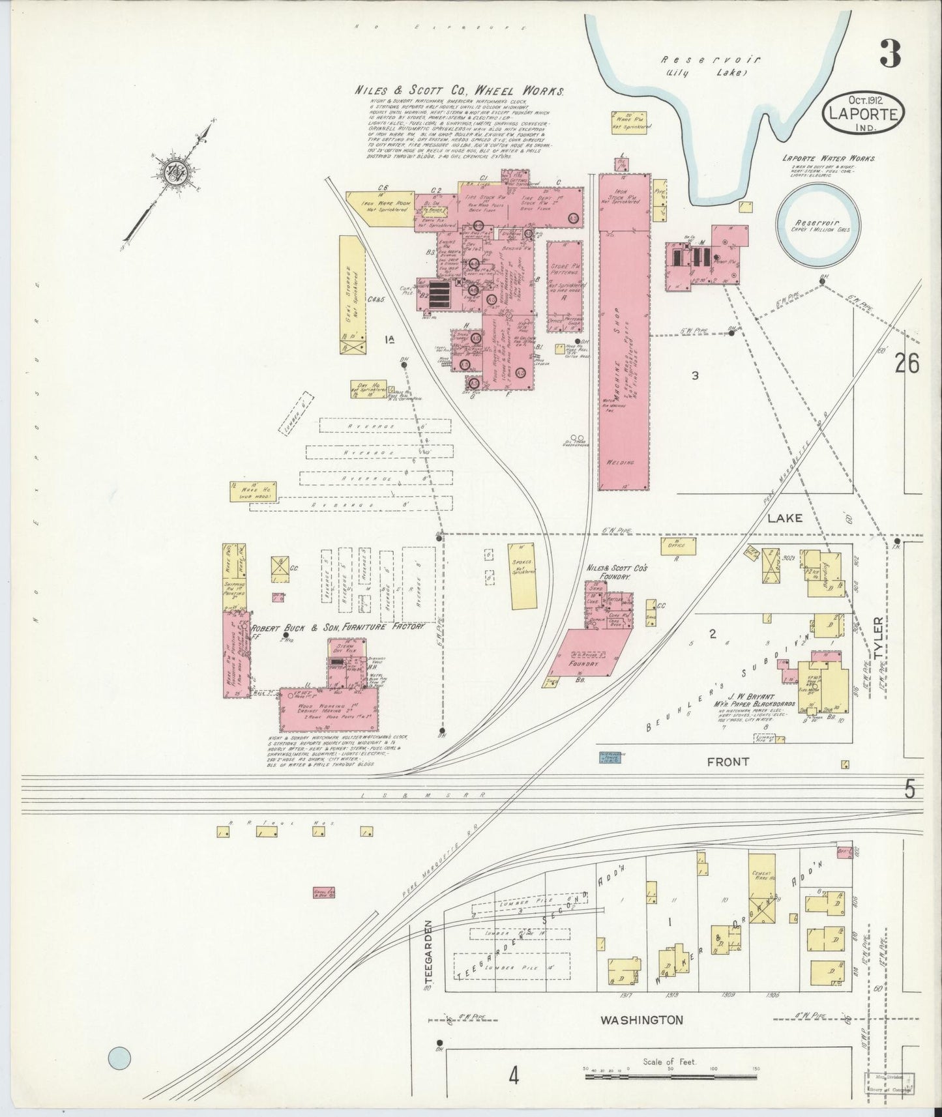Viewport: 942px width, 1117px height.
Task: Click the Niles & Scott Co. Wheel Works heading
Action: [459, 91]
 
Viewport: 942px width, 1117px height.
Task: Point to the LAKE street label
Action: [785, 518]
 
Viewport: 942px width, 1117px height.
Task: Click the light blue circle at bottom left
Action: [119, 1058]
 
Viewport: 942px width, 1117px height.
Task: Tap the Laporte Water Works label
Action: [829, 158]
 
